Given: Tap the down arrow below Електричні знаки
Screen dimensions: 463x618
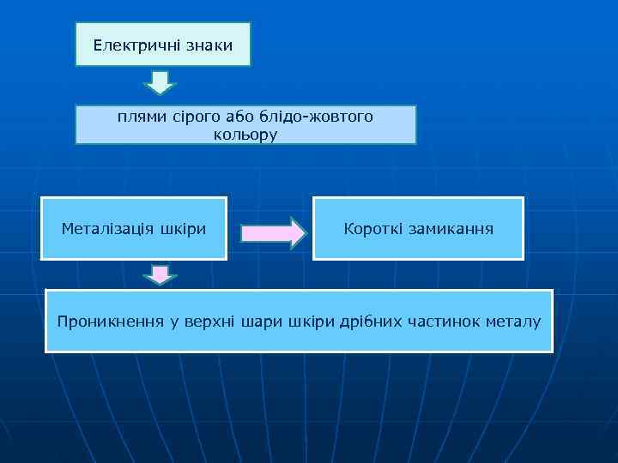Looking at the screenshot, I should [x=159, y=82].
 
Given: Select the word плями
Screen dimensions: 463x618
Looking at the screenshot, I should [x=140, y=117].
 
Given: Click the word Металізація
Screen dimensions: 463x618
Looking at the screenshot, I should [x=107, y=229].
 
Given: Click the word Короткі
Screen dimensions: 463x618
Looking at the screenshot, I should [x=371, y=229].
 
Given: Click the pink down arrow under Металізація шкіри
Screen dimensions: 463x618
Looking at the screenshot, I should [x=159, y=275].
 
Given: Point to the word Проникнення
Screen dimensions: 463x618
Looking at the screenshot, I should [x=110, y=322].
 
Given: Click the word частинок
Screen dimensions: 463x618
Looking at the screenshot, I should [x=446, y=322].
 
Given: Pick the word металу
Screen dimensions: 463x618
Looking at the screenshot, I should [x=514, y=322].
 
